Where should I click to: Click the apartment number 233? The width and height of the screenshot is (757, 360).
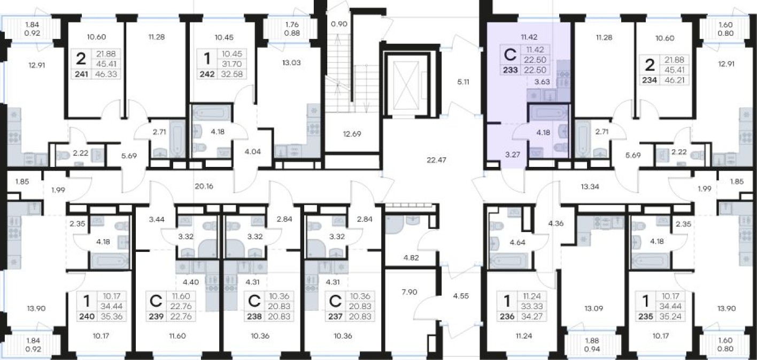(511, 70)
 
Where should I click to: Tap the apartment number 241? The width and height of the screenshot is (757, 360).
(81, 74)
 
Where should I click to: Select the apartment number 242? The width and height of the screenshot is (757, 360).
(207, 74)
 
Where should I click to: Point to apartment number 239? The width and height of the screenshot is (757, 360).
(156, 317)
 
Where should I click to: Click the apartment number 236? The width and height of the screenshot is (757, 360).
(507, 317)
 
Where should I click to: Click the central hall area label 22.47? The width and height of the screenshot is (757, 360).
(436, 160)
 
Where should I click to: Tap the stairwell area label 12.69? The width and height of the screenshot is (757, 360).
(352, 134)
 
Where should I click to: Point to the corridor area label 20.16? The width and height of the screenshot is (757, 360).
(204, 186)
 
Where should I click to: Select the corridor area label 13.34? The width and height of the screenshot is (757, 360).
(590, 187)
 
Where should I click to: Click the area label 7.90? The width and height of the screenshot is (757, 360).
(410, 292)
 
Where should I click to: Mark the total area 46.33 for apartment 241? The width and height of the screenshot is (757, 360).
(106, 74)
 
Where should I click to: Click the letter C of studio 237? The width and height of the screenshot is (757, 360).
(335, 301)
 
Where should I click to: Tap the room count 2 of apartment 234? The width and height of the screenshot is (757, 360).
(650, 65)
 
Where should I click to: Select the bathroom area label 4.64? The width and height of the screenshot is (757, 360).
(517, 242)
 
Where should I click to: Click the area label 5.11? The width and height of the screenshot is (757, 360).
(463, 82)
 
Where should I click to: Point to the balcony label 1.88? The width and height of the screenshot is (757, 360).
(592, 341)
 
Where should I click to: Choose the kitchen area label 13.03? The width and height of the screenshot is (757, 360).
(291, 63)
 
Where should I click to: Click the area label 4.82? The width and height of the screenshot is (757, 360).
(411, 258)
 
